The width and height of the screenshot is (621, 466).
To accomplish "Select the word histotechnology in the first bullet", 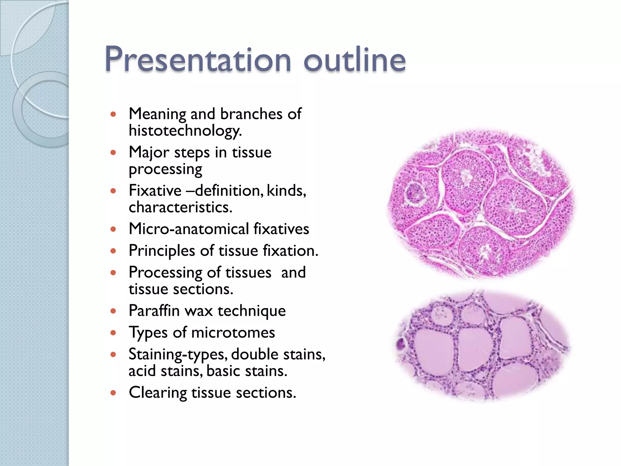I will (185, 131).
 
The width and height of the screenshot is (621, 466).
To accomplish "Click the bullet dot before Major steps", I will (113, 153).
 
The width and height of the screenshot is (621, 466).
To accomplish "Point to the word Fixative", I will (155, 191).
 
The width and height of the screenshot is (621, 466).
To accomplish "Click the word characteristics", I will (180, 208).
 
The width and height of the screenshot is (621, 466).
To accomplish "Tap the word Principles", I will (162, 251).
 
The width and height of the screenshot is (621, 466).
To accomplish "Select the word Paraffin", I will (154, 311).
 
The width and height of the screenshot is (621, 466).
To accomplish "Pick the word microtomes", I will (233, 333).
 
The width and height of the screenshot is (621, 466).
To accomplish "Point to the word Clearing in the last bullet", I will (158, 393).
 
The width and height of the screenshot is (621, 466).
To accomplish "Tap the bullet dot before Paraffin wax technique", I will (113, 311).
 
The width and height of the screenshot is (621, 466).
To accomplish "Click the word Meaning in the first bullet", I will (157, 114).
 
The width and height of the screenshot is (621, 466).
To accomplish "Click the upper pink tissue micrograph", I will (482, 203).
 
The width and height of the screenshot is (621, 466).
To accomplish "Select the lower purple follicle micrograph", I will (482, 346).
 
